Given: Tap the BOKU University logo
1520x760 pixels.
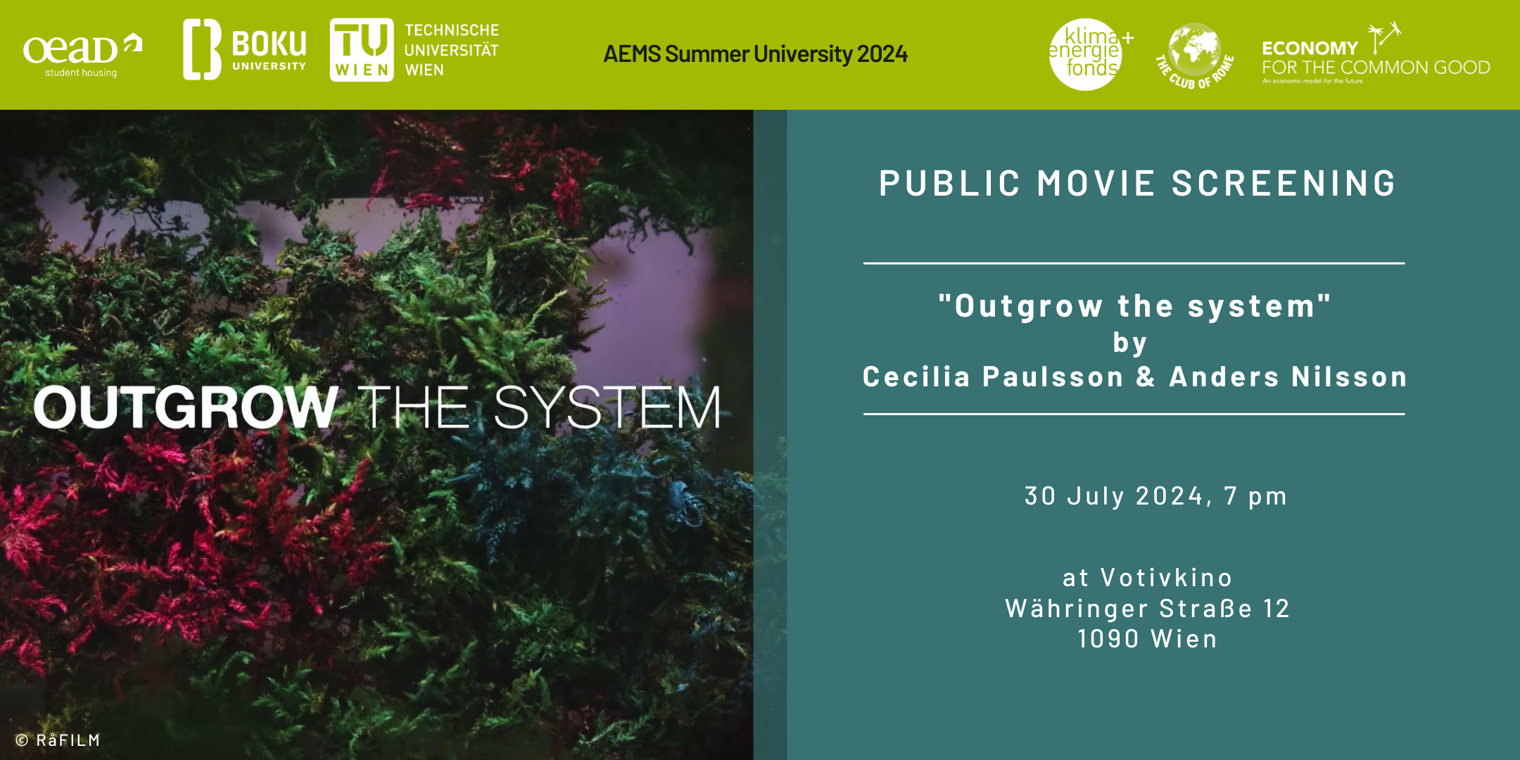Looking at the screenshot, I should click(244, 49).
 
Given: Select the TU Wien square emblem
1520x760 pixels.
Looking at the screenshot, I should click(362, 49).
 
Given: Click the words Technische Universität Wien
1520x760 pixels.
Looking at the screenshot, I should click(451, 50).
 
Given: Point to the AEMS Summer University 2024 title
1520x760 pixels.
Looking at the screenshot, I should click(755, 54).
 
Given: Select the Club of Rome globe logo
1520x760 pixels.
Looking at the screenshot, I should click(1195, 56).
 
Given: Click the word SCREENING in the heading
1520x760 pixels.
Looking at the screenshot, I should click(1284, 184).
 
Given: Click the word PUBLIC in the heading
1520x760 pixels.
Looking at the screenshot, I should click(949, 184).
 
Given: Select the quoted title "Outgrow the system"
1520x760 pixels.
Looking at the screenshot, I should click(1134, 306).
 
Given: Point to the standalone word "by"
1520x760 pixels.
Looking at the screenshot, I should click(1130, 343).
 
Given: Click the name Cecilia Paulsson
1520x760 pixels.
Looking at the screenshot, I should click(993, 377).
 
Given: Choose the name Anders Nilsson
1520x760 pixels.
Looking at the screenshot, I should click(1288, 377).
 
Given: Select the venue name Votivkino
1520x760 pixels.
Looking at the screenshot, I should click(1166, 578).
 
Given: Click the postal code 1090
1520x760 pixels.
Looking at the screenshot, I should click(1108, 639).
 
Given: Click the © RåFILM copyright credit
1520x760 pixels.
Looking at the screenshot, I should click(58, 740).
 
